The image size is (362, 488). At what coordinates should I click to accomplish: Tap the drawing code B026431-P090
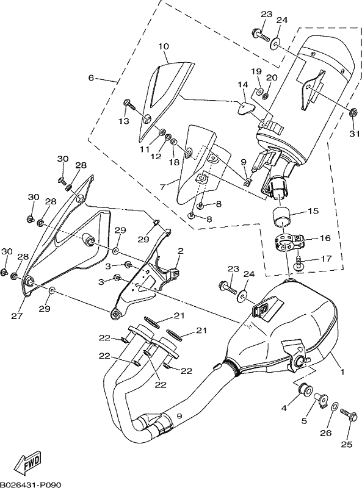(x=31, y=484)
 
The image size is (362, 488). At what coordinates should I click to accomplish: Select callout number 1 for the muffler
(x=342, y=371)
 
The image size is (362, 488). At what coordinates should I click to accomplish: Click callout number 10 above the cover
(x=164, y=47)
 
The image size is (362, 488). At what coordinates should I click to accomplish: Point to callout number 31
(x=354, y=134)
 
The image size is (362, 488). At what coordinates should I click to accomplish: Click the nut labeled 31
(x=353, y=113)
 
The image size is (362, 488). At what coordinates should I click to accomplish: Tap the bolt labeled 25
(x=348, y=414)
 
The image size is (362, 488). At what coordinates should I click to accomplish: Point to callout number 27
(x=17, y=316)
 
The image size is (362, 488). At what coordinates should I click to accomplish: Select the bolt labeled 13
(x=129, y=104)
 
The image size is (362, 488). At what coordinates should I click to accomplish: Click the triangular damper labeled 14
(x=244, y=108)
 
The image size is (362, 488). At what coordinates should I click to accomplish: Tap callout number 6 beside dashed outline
(x=91, y=77)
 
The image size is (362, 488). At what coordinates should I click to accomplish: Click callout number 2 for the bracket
(x=180, y=251)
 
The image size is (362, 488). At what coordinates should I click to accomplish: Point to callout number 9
(x=244, y=162)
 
